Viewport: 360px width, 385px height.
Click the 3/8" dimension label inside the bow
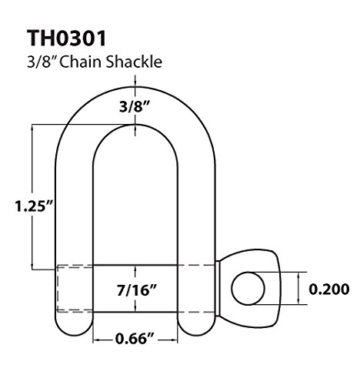tap(136, 108)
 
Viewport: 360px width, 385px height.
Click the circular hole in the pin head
tap(248, 287)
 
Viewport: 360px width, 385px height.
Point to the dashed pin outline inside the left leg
tap(75, 289)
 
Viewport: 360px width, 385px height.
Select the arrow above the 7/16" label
tap(136, 271)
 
